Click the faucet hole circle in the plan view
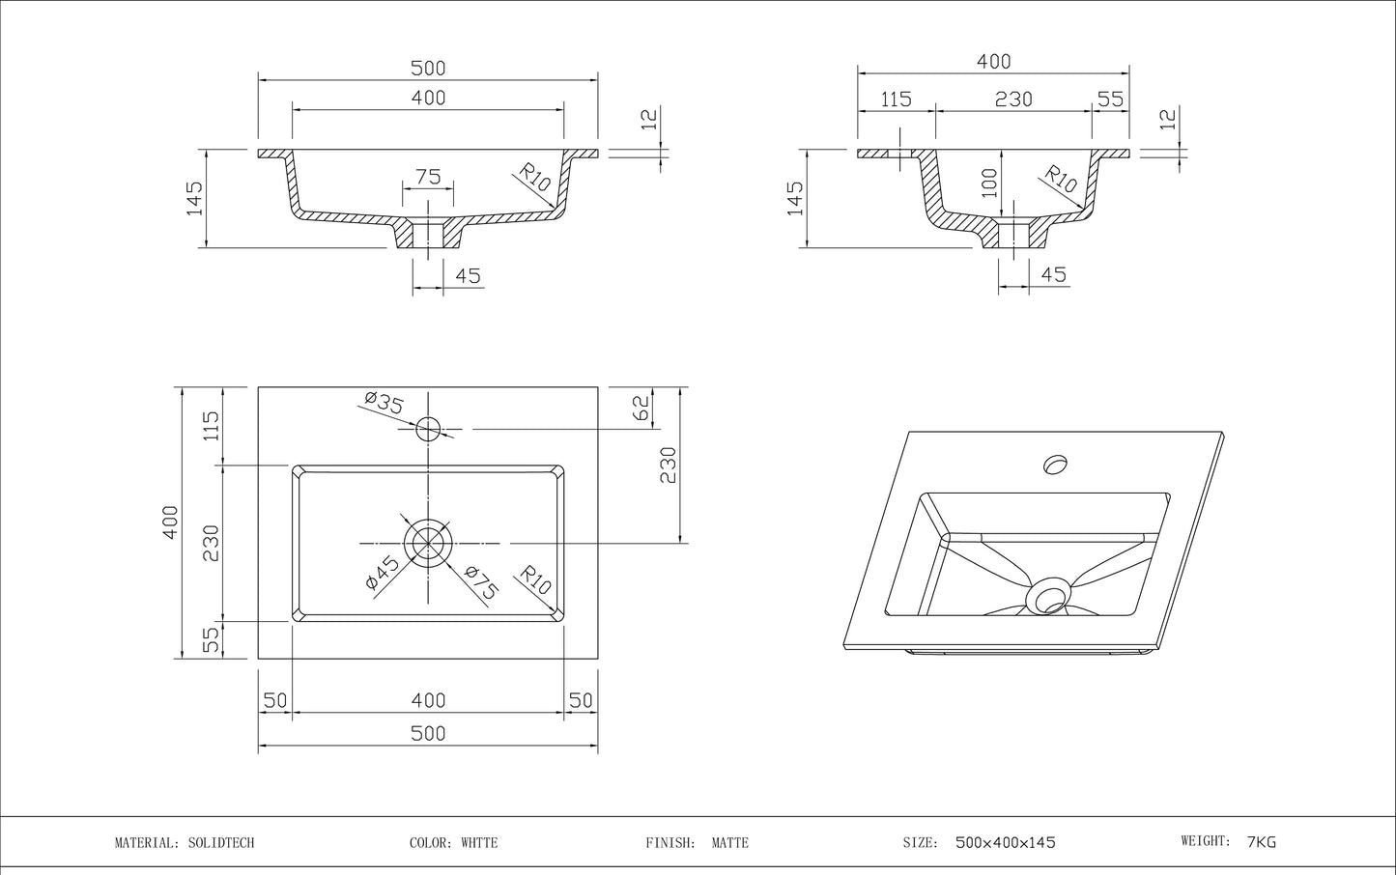point(428,428)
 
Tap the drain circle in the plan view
point(428,541)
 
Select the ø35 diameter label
point(384,402)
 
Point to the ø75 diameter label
point(481,583)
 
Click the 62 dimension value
point(641,409)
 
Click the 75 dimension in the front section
point(428,177)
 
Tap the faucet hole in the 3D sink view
point(1055,465)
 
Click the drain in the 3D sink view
point(1047,596)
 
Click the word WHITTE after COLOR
point(478,842)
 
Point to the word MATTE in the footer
point(729,842)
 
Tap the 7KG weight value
point(1262,841)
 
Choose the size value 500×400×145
point(1005,842)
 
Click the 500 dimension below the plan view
point(428,733)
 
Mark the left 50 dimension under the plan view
point(275,700)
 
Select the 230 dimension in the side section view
point(1013,99)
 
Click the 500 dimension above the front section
point(428,69)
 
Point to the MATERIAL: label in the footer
point(146,842)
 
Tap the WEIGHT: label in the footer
point(1206,841)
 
